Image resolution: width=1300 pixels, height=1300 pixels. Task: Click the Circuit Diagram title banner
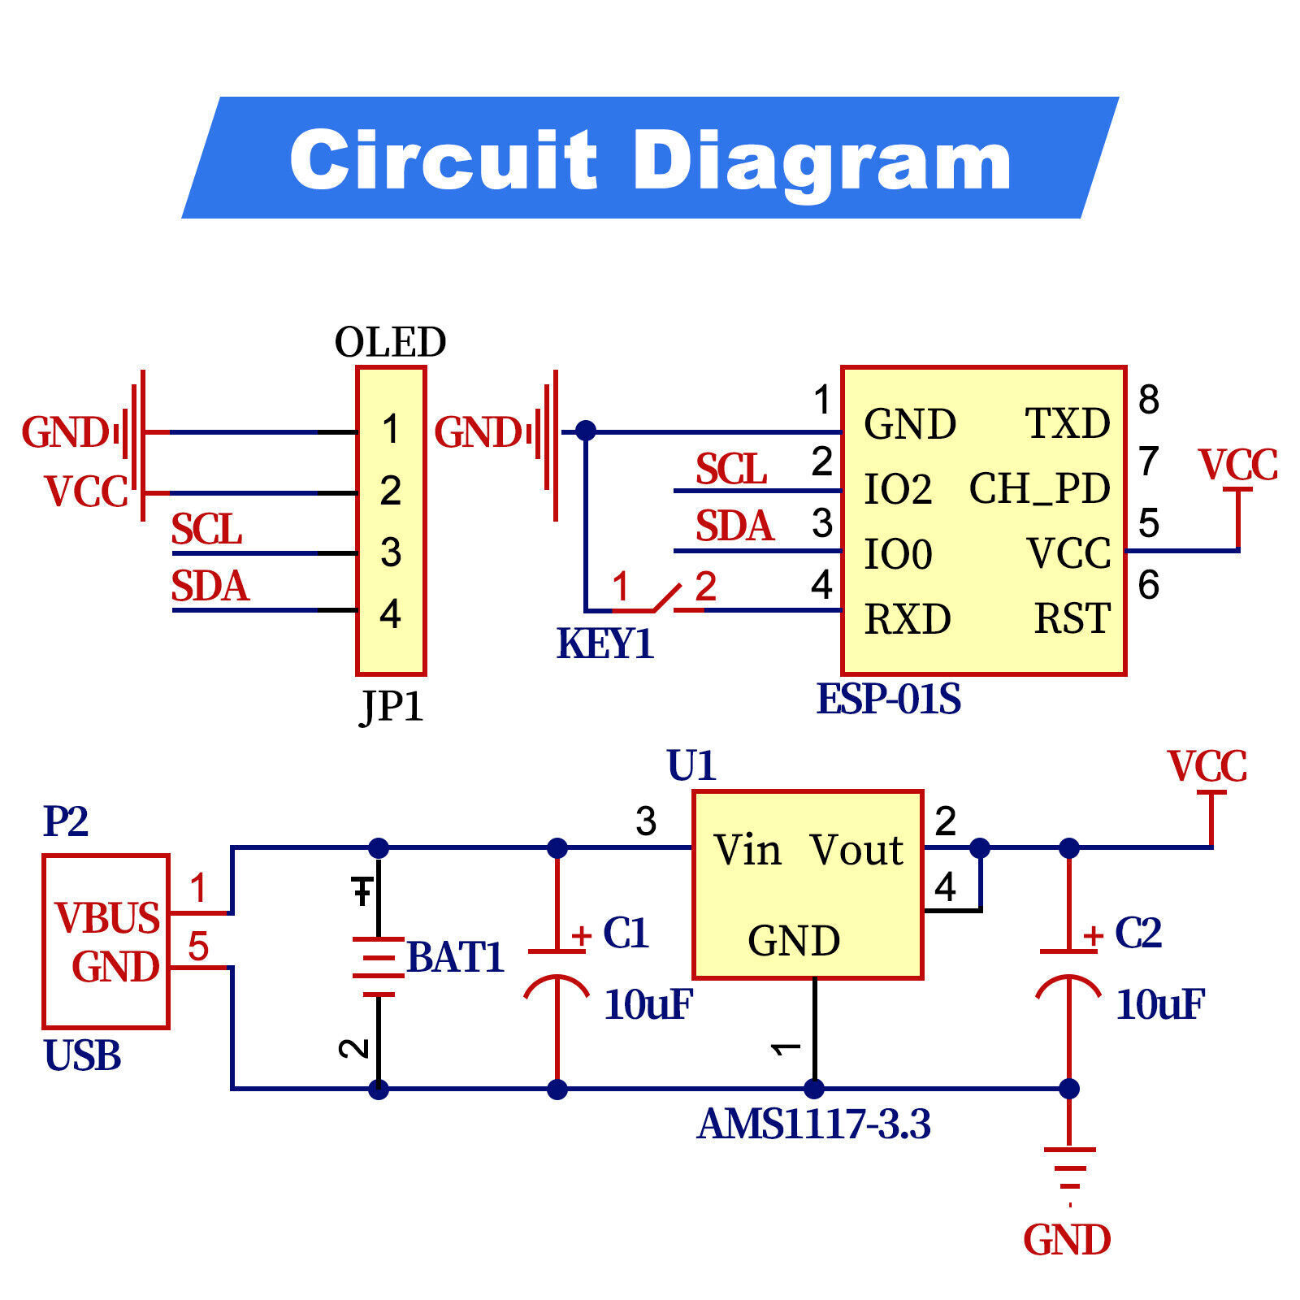[x=650, y=158]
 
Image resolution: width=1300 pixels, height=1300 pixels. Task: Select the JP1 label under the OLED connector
[x=392, y=705]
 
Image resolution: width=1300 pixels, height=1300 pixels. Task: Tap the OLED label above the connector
[x=390, y=342]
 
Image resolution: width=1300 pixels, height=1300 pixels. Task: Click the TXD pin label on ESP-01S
[x=1067, y=423]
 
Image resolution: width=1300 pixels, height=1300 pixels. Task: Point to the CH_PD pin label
[x=1039, y=488]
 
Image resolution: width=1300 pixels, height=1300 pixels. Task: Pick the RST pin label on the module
[x=1072, y=618]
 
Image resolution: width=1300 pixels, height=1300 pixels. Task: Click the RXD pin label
[x=907, y=619]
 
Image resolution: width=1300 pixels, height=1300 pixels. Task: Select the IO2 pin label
[x=897, y=489]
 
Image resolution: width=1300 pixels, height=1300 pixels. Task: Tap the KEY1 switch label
[x=605, y=643]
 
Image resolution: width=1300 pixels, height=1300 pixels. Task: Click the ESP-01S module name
[x=888, y=699]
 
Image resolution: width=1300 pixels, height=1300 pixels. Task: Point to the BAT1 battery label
[x=455, y=956]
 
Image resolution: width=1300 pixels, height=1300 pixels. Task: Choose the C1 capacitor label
[x=626, y=933]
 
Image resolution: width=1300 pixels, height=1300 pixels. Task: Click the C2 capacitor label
[x=1137, y=933]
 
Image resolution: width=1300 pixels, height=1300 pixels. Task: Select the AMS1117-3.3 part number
[x=813, y=1124]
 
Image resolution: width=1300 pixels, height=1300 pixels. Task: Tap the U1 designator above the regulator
[x=691, y=765]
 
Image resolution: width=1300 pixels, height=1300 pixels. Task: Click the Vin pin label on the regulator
[x=747, y=850]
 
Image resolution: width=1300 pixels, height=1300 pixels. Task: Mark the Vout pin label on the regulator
[x=856, y=850]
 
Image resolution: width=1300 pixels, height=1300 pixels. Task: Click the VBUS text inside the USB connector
[x=107, y=918]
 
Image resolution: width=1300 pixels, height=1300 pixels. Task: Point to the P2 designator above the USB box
[x=65, y=821]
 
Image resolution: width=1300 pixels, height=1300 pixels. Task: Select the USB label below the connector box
[x=82, y=1055]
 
